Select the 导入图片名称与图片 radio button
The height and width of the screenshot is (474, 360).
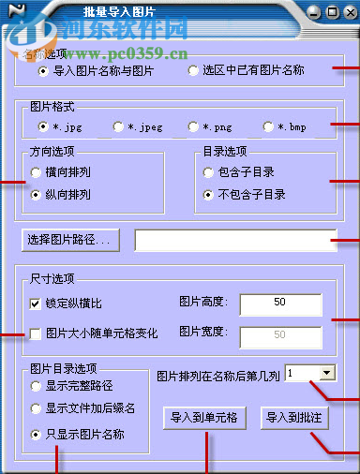click(x=43, y=70)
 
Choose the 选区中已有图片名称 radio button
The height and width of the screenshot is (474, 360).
click(x=193, y=70)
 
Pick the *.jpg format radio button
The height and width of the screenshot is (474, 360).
click(x=43, y=126)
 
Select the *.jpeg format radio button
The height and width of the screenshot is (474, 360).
click(x=118, y=126)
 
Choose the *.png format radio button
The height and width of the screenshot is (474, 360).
click(x=193, y=126)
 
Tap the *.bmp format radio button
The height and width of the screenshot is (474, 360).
click(x=268, y=126)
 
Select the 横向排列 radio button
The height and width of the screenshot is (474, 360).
click(x=36, y=172)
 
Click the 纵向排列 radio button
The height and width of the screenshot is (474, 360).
click(x=36, y=195)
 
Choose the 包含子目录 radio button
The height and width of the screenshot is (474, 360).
click(x=209, y=172)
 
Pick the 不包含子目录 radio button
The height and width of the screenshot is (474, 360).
click(x=209, y=195)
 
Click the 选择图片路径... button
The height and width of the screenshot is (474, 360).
click(x=70, y=240)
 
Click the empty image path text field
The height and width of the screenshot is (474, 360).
click(x=234, y=240)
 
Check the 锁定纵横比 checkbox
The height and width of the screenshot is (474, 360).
click(x=36, y=304)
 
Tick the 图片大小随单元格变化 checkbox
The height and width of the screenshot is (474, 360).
click(x=36, y=333)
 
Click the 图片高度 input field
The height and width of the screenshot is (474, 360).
click(x=280, y=304)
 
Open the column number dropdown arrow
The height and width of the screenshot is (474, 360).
click(x=327, y=373)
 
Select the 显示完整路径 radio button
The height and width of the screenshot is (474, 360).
click(x=36, y=385)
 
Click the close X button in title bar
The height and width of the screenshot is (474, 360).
click(x=348, y=12)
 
